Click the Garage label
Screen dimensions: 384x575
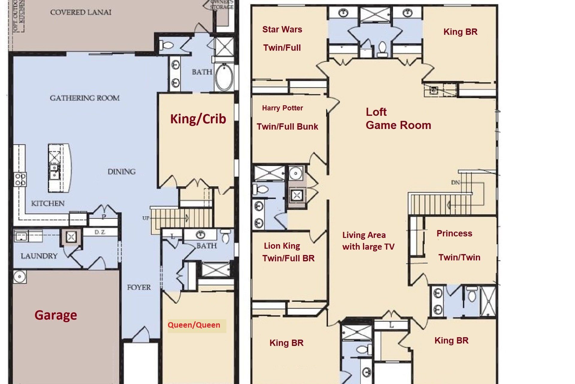click(x=56, y=315)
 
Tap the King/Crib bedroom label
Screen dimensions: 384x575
click(x=198, y=119)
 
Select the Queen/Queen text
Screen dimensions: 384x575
click(x=194, y=325)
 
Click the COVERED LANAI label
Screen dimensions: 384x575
click(x=81, y=13)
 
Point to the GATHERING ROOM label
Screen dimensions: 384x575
click(x=85, y=98)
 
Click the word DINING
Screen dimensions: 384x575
click(x=122, y=172)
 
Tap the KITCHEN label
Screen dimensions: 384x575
click(x=48, y=203)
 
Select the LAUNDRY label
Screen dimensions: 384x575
click(x=39, y=256)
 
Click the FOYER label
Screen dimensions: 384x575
click(x=139, y=287)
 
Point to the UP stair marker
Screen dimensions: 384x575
click(x=146, y=218)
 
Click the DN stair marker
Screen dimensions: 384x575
click(x=456, y=182)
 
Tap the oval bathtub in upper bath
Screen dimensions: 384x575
click(x=224, y=77)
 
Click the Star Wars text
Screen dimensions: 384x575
click(x=282, y=29)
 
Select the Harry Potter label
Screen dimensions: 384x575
click(x=282, y=108)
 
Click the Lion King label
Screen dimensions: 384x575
click(x=282, y=246)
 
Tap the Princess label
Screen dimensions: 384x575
click(x=454, y=233)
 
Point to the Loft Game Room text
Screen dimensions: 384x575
click(x=398, y=118)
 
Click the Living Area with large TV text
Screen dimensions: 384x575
click(x=368, y=241)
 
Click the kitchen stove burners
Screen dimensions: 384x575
click(x=20, y=179)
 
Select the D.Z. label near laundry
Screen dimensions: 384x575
click(x=99, y=232)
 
